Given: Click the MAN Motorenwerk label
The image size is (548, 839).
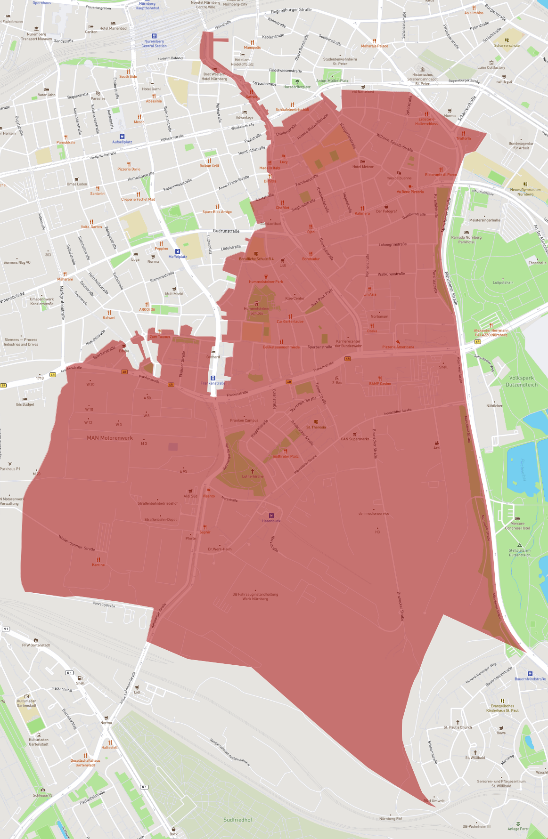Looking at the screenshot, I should [110, 438].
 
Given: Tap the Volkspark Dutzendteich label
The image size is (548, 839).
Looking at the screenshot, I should [522, 381].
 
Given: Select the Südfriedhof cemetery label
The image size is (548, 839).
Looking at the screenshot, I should [237, 820].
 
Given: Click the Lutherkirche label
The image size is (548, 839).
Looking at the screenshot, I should [253, 476].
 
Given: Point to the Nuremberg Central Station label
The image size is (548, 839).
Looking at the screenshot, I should [154, 43].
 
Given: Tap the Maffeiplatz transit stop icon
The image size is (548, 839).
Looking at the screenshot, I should [178, 251].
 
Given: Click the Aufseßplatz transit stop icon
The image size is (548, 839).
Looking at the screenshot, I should [122, 137].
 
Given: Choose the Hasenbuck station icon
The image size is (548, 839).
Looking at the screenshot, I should [271, 516].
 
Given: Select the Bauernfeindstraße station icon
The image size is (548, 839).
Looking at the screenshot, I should [530, 674].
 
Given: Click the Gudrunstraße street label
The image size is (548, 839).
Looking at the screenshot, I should [226, 231].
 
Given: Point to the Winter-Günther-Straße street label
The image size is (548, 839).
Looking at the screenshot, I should [77, 542].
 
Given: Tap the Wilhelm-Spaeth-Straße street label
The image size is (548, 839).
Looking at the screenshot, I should [394, 143].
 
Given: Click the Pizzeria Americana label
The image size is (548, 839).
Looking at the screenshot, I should [398, 347].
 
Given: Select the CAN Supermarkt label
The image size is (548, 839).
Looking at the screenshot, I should [355, 439].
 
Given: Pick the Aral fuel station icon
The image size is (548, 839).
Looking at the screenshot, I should [437, 443].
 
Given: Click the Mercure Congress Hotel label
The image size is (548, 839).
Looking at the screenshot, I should [517, 525].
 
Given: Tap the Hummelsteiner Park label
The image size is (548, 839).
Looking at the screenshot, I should [266, 282].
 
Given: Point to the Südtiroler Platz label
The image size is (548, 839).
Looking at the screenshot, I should [286, 456].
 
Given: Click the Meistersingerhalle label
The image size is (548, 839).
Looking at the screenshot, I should [485, 220].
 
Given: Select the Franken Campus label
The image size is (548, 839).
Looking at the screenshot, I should [244, 420].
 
